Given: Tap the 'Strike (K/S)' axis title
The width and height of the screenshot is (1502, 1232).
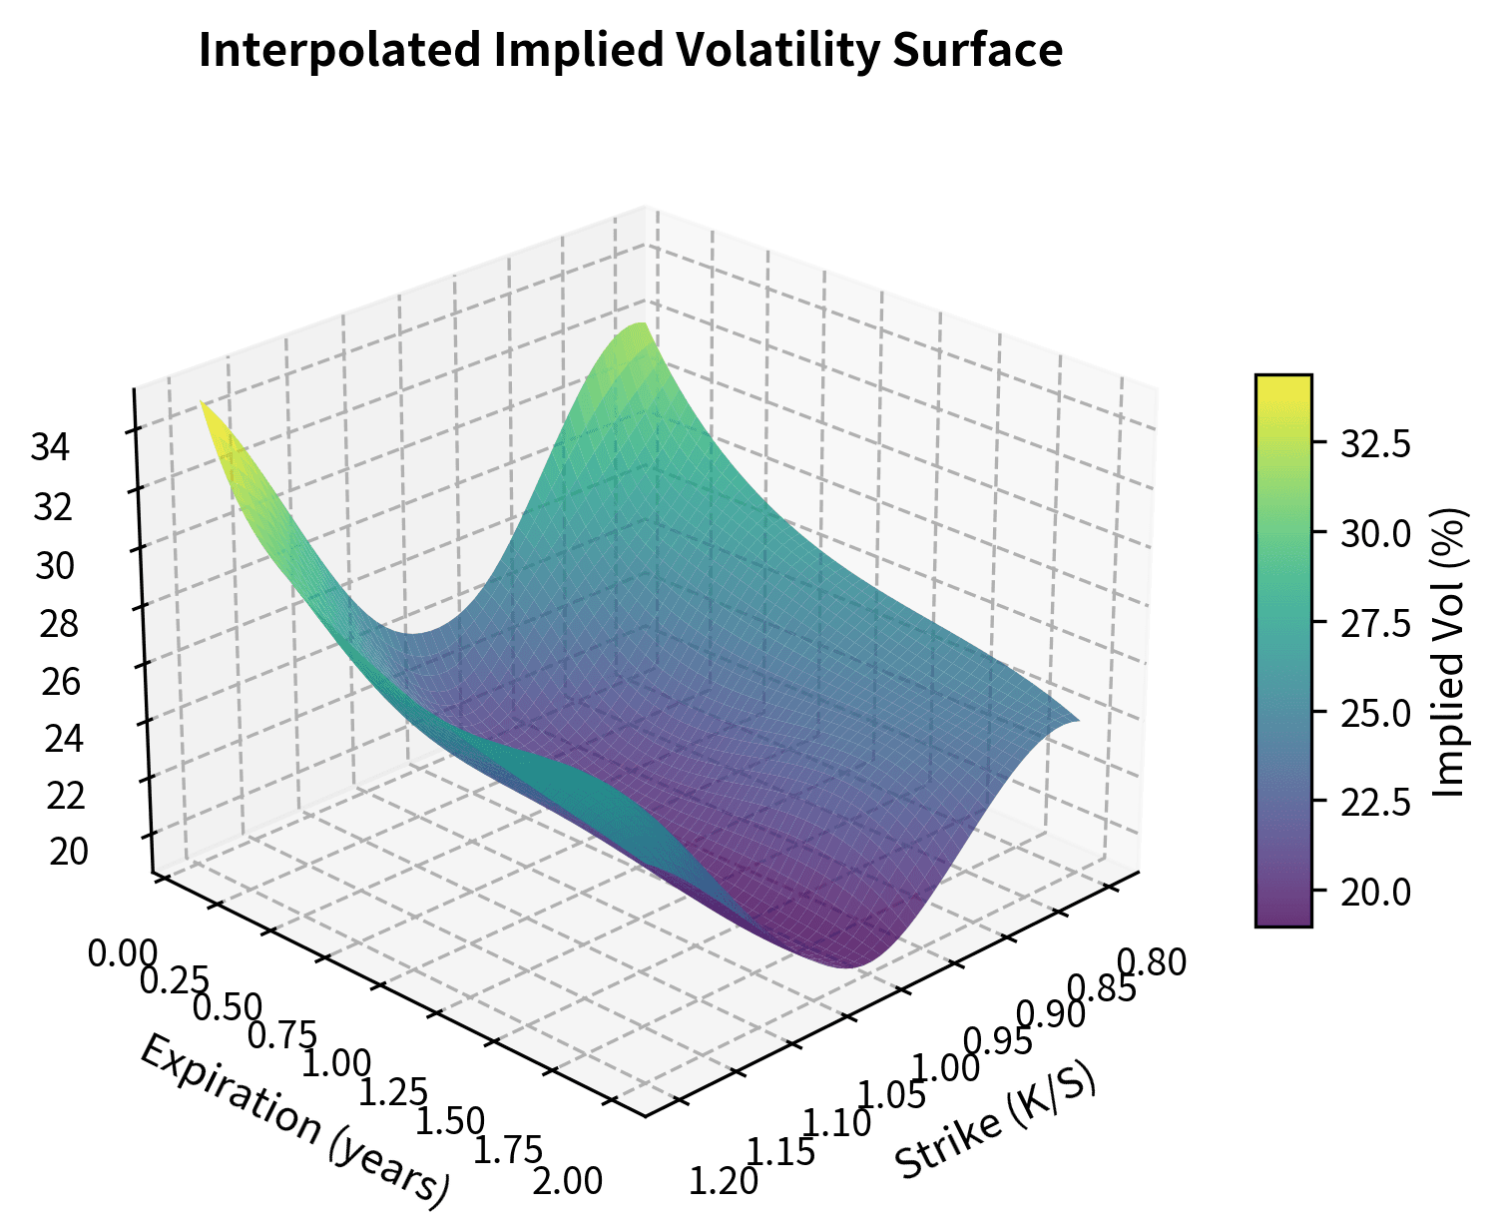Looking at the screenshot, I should (995, 1119).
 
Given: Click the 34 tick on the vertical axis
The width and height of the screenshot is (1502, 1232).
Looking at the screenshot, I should (51, 448).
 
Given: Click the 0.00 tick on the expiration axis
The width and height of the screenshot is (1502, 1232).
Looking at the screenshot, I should (122, 952).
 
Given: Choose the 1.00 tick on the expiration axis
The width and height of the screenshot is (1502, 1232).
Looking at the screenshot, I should (335, 1062).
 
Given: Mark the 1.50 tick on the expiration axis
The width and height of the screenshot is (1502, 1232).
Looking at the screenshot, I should (449, 1121).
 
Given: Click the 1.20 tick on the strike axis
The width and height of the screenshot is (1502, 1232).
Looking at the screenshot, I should (725, 1182).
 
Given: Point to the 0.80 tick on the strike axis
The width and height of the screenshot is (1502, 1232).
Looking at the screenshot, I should (1152, 963).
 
